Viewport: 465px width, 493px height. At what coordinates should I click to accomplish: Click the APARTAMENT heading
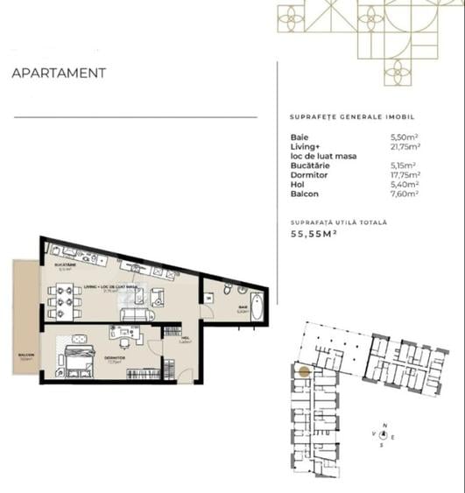click(x=59, y=74)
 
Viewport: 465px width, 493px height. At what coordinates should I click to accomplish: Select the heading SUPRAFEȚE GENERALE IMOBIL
click(x=351, y=116)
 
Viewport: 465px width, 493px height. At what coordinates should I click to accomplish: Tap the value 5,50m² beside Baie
click(x=403, y=137)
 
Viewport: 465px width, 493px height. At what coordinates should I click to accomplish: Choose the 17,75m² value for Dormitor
click(x=405, y=174)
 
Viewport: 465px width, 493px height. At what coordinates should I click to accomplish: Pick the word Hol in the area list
click(x=298, y=184)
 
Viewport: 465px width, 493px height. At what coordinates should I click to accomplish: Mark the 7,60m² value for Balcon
click(x=404, y=193)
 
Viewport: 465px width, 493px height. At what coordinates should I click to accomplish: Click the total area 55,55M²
click(x=314, y=234)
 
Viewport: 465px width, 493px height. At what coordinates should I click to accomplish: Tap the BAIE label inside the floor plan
click(x=243, y=306)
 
